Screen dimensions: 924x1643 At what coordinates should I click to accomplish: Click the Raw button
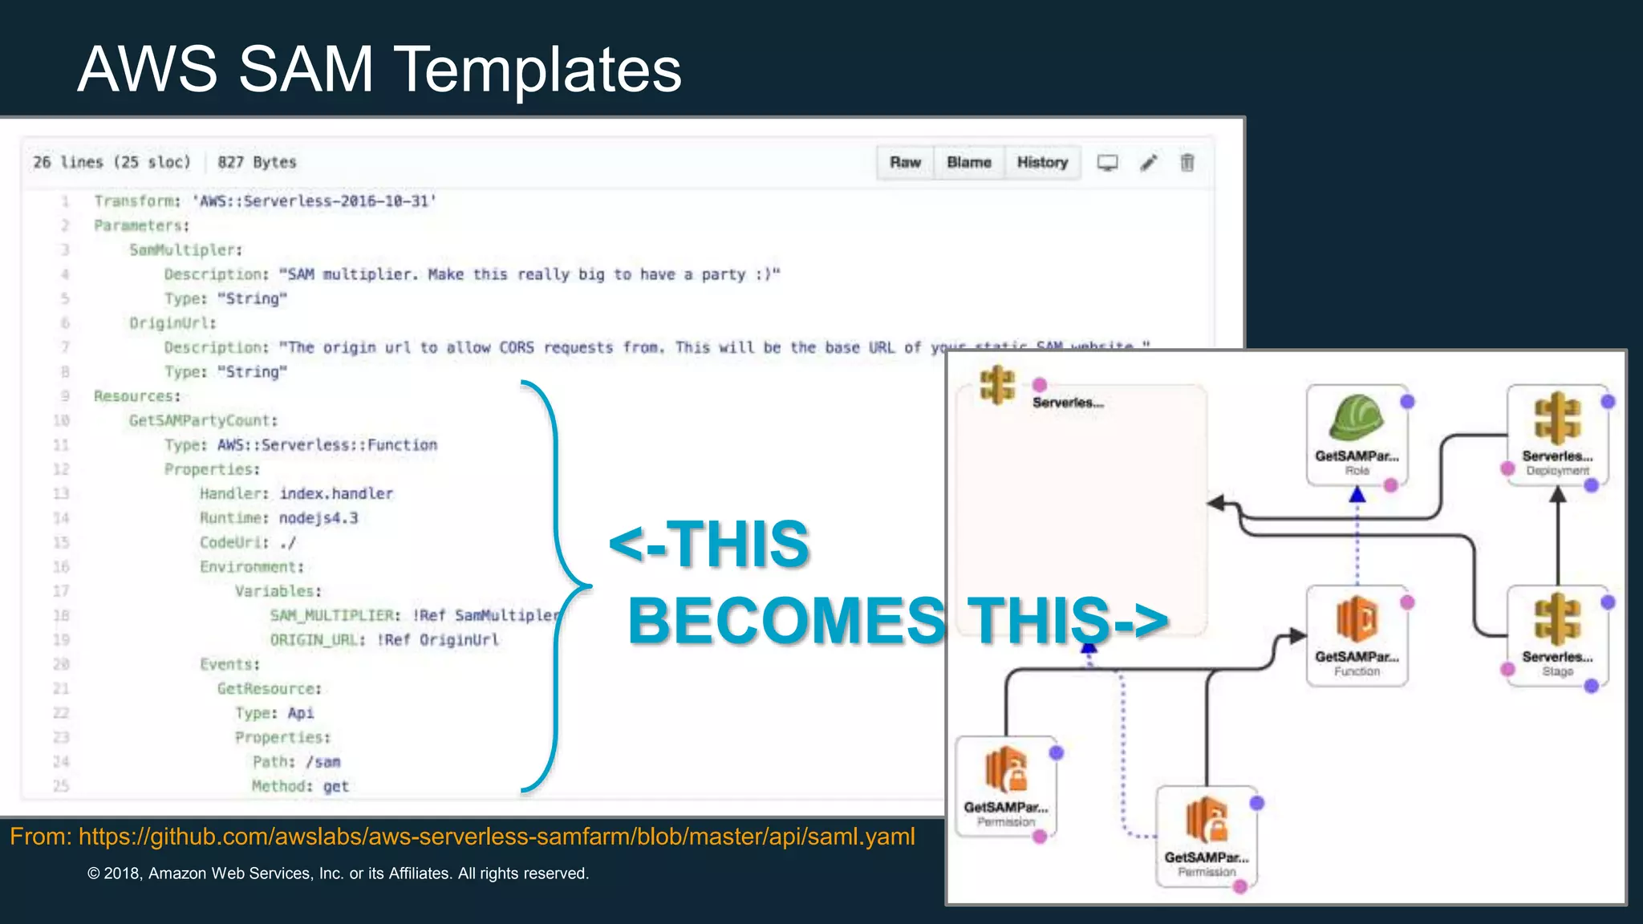tap(905, 163)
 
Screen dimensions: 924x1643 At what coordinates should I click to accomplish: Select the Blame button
tap(968, 163)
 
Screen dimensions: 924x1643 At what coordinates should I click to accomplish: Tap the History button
tap(1042, 163)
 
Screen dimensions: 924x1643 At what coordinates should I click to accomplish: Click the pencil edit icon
tap(1149, 163)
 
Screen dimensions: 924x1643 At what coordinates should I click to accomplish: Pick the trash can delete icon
tap(1187, 163)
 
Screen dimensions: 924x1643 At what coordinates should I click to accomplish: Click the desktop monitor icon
tap(1108, 163)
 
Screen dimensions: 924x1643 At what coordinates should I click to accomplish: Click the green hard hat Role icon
tap(1356, 419)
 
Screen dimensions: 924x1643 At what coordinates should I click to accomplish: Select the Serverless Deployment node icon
tap(1557, 419)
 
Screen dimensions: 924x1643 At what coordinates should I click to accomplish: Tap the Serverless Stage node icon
tap(1557, 619)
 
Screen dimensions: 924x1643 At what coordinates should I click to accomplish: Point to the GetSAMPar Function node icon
tap(1356, 619)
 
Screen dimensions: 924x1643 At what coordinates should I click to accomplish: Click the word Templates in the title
tap(538, 70)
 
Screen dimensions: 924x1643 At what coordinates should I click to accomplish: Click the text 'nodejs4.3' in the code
tap(318, 518)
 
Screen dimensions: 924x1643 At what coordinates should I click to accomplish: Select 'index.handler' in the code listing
tap(336, 494)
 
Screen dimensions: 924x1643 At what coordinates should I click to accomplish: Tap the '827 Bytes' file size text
tap(257, 163)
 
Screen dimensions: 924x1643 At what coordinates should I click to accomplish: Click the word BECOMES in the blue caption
tap(786, 621)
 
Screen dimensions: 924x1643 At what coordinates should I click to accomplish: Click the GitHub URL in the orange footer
tap(497, 837)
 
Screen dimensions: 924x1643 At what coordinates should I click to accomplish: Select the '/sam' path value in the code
tap(323, 762)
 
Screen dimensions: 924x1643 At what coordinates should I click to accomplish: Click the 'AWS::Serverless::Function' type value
tap(327, 445)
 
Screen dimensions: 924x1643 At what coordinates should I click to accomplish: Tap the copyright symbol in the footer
tap(94, 873)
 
